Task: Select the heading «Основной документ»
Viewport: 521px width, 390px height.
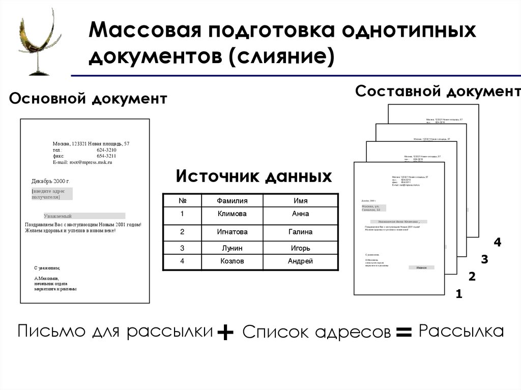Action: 88,99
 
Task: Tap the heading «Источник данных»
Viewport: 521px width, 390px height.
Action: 253,176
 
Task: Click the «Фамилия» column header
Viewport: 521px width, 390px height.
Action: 232,201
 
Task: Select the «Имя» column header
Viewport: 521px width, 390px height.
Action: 300,201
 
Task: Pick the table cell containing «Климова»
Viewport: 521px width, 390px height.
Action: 232,214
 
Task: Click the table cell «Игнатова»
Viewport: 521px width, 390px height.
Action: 232,232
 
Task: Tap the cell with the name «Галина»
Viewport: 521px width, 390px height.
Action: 300,232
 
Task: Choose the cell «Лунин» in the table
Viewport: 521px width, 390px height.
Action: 232,248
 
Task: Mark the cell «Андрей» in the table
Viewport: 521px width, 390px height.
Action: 300,261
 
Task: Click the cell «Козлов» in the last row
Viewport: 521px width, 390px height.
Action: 232,261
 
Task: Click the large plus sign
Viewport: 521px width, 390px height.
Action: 225,333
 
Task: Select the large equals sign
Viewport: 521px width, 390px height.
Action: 403,333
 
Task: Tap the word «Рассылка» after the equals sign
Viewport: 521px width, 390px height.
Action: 461,332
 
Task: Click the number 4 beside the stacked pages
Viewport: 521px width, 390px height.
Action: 497,243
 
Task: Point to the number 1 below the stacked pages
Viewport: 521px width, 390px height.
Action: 459,293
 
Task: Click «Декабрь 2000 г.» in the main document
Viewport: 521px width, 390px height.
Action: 50,181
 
